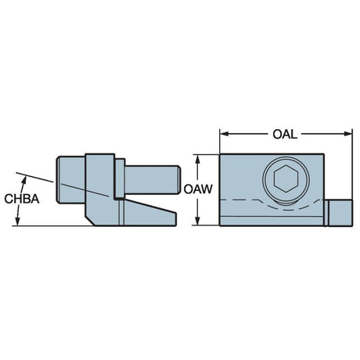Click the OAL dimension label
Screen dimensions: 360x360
(x=285, y=135)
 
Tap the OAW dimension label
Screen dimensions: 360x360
(x=198, y=189)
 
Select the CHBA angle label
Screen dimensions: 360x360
(x=22, y=199)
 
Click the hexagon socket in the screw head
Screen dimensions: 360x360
(x=286, y=179)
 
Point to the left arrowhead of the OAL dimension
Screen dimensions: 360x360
(x=225, y=134)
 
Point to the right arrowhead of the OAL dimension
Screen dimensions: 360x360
(x=348, y=134)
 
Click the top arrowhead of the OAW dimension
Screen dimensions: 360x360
(x=198, y=159)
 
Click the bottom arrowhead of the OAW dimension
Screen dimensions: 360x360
(x=198, y=221)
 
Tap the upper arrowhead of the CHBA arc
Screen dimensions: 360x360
(x=24, y=180)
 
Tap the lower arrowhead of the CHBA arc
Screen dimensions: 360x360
(x=18, y=221)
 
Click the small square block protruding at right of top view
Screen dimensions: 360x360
(x=340, y=213)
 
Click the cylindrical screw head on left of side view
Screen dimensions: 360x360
(x=71, y=179)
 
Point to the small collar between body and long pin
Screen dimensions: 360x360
(x=120, y=178)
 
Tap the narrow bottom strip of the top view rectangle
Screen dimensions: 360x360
(x=272, y=221)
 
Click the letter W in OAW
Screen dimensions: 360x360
(x=207, y=189)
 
